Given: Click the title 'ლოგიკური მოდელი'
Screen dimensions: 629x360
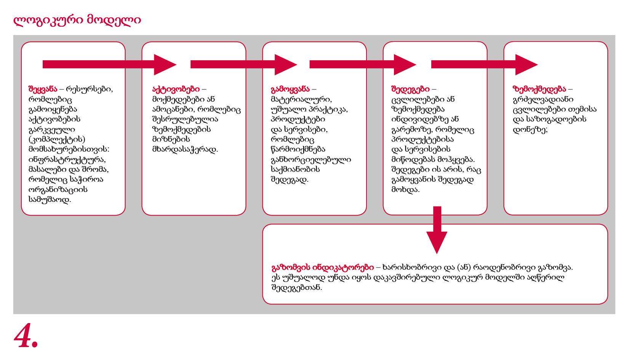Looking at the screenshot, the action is (77, 20).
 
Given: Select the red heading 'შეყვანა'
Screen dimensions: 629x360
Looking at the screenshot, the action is (43, 89).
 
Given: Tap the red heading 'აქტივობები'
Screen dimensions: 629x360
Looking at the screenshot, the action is (176, 89).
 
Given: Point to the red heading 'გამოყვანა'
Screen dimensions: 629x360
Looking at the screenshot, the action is (290, 89).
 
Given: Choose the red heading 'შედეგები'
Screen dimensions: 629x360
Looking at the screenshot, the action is (410, 89).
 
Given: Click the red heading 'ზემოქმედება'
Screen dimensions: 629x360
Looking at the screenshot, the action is (539, 89).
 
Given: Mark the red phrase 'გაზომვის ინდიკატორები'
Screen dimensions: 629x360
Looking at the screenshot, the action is (323, 267).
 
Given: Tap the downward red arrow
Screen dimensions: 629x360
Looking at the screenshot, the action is (437, 230).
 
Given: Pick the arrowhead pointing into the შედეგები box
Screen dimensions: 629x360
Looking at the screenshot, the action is (405, 65).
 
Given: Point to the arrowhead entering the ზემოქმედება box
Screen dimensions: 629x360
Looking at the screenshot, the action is (527, 65).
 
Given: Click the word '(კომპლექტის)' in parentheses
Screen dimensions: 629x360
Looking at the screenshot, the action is (57, 139).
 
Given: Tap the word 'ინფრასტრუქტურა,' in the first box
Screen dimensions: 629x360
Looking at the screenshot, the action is (67, 160).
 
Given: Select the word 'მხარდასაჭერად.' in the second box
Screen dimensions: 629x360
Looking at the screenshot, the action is (185, 149).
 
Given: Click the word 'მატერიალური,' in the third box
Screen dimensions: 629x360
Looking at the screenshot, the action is (301, 99).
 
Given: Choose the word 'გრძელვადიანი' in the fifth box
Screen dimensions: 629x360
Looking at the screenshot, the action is (543, 99).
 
